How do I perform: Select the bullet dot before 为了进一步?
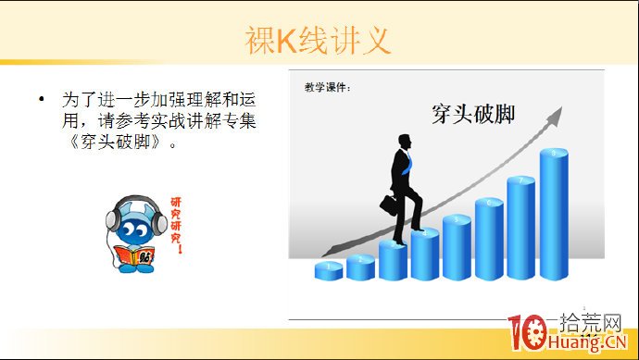click(x=40, y=98)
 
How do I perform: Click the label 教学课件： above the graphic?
click(x=328, y=88)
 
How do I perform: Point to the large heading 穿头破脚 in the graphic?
click(x=473, y=115)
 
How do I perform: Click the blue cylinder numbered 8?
click(x=554, y=213)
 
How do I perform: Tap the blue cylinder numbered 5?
click(x=457, y=247)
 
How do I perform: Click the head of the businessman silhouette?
click(x=404, y=140)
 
